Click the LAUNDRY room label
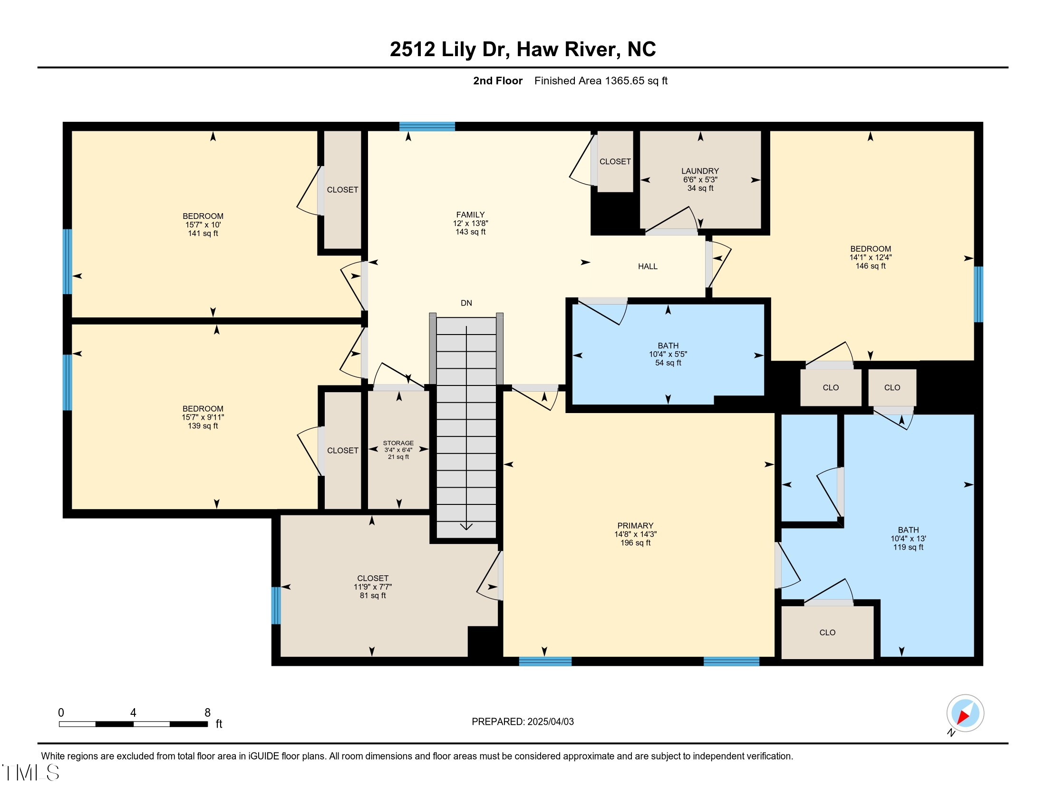pyautogui.click(x=700, y=171)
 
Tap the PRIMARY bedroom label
pyautogui.click(x=635, y=526)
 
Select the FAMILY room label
pyautogui.click(x=470, y=215)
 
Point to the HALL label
pyautogui.click(x=648, y=266)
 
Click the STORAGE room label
pyautogui.click(x=398, y=444)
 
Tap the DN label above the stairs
pyautogui.click(x=466, y=303)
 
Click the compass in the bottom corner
pyautogui.click(x=965, y=713)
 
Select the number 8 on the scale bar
pyautogui.click(x=207, y=713)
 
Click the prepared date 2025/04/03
pyautogui.click(x=550, y=722)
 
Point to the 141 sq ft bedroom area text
pyautogui.click(x=203, y=233)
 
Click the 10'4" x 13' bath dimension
pyautogui.click(x=908, y=539)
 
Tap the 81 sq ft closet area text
pyautogui.click(x=373, y=596)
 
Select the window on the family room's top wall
pyautogui.click(x=427, y=127)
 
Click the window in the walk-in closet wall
pyautogui.click(x=276, y=606)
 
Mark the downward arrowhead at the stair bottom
pyautogui.click(x=466, y=526)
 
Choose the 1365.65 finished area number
pyautogui.click(x=625, y=81)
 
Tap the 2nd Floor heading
pyautogui.click(x=498, y=81)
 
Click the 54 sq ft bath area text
pyautogui.click(x=668, y=363)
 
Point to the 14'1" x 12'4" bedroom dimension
pyautogui.click(x=870, y=257)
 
